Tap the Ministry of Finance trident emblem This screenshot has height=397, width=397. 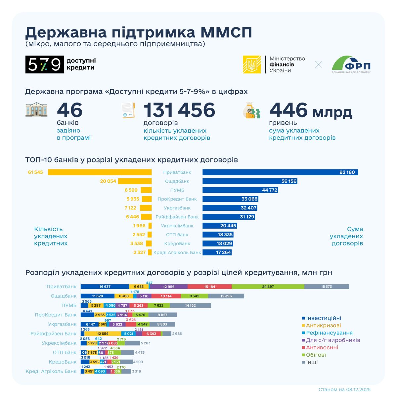pos(252,65)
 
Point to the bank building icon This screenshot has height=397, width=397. pos(36,110)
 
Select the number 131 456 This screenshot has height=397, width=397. pos(179,110)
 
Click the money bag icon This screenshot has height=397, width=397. pos(251,110)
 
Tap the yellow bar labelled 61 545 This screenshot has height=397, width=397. pos(100,172)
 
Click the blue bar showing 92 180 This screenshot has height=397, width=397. pos(280,172)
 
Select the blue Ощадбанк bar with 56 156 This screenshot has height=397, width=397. pos(250,181)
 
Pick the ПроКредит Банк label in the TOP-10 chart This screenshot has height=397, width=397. pos(177,199)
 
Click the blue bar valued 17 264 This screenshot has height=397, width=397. pos(217,252)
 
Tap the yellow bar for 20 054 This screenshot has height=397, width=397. pos(135,181)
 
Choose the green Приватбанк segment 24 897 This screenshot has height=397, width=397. pos(268,287)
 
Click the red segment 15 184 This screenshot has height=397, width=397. pos(210,287)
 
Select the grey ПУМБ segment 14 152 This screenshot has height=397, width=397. pos(190,305)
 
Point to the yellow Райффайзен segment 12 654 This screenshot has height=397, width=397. pos(103,334)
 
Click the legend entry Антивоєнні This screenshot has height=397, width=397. pos(322,347)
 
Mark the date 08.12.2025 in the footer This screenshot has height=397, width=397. pos(358,389)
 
